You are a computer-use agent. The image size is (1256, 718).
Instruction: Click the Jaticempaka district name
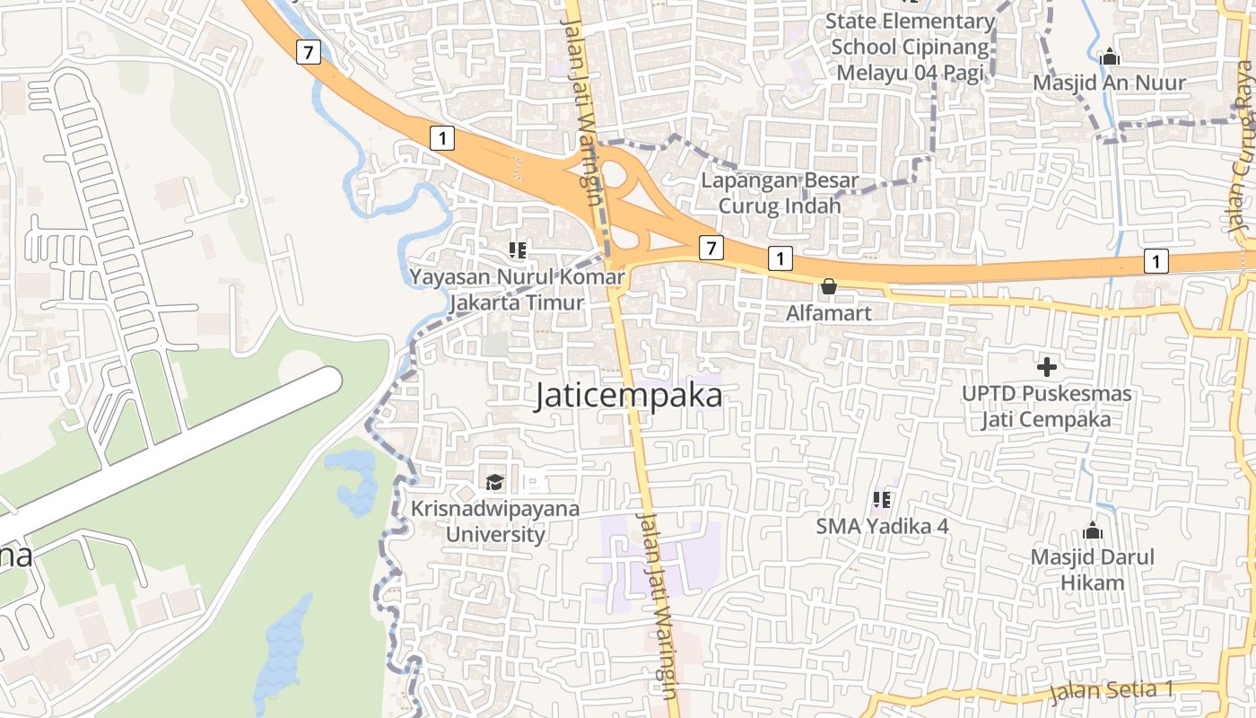coord(628,395)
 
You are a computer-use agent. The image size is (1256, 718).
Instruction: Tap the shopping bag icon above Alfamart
coord(829,287)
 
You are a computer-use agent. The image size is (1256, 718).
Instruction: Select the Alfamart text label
coord(829,313)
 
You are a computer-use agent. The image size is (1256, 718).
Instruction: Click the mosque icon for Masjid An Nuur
coord(1110,57)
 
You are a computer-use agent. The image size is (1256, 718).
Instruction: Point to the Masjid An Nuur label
coord(1109,83)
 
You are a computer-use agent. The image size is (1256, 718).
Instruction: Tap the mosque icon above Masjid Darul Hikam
coord(1092,530)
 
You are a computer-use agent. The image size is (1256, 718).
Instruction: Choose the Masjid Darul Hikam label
coord(1092,570)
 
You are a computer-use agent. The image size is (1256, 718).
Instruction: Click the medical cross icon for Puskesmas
coord(1046,366)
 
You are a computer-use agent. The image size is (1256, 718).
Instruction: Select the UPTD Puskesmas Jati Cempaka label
coord(1046,407)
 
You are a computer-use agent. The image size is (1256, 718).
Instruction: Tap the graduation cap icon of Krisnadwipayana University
coord(495,483)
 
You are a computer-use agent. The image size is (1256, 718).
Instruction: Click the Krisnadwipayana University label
coord(495,521)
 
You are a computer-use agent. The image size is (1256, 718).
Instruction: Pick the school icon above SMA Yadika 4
coord(882,499)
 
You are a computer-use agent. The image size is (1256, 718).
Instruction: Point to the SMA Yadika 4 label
coord(882,526)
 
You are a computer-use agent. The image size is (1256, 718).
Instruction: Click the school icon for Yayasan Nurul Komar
coord(518,250)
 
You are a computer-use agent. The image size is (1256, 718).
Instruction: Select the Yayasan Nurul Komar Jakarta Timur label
coord(517,289)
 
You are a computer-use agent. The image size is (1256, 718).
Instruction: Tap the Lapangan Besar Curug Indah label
coord(780,193)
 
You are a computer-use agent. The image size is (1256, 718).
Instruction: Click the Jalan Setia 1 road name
coord(1112,690)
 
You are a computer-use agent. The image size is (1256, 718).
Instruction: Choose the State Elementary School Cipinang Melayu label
coord(910,47)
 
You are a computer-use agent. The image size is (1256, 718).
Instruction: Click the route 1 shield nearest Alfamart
coord(781,259)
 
